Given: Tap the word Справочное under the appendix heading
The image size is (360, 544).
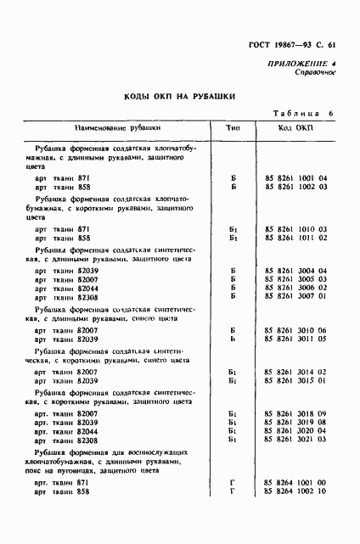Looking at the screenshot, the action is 317,73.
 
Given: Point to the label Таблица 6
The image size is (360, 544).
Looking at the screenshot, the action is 304,114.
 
